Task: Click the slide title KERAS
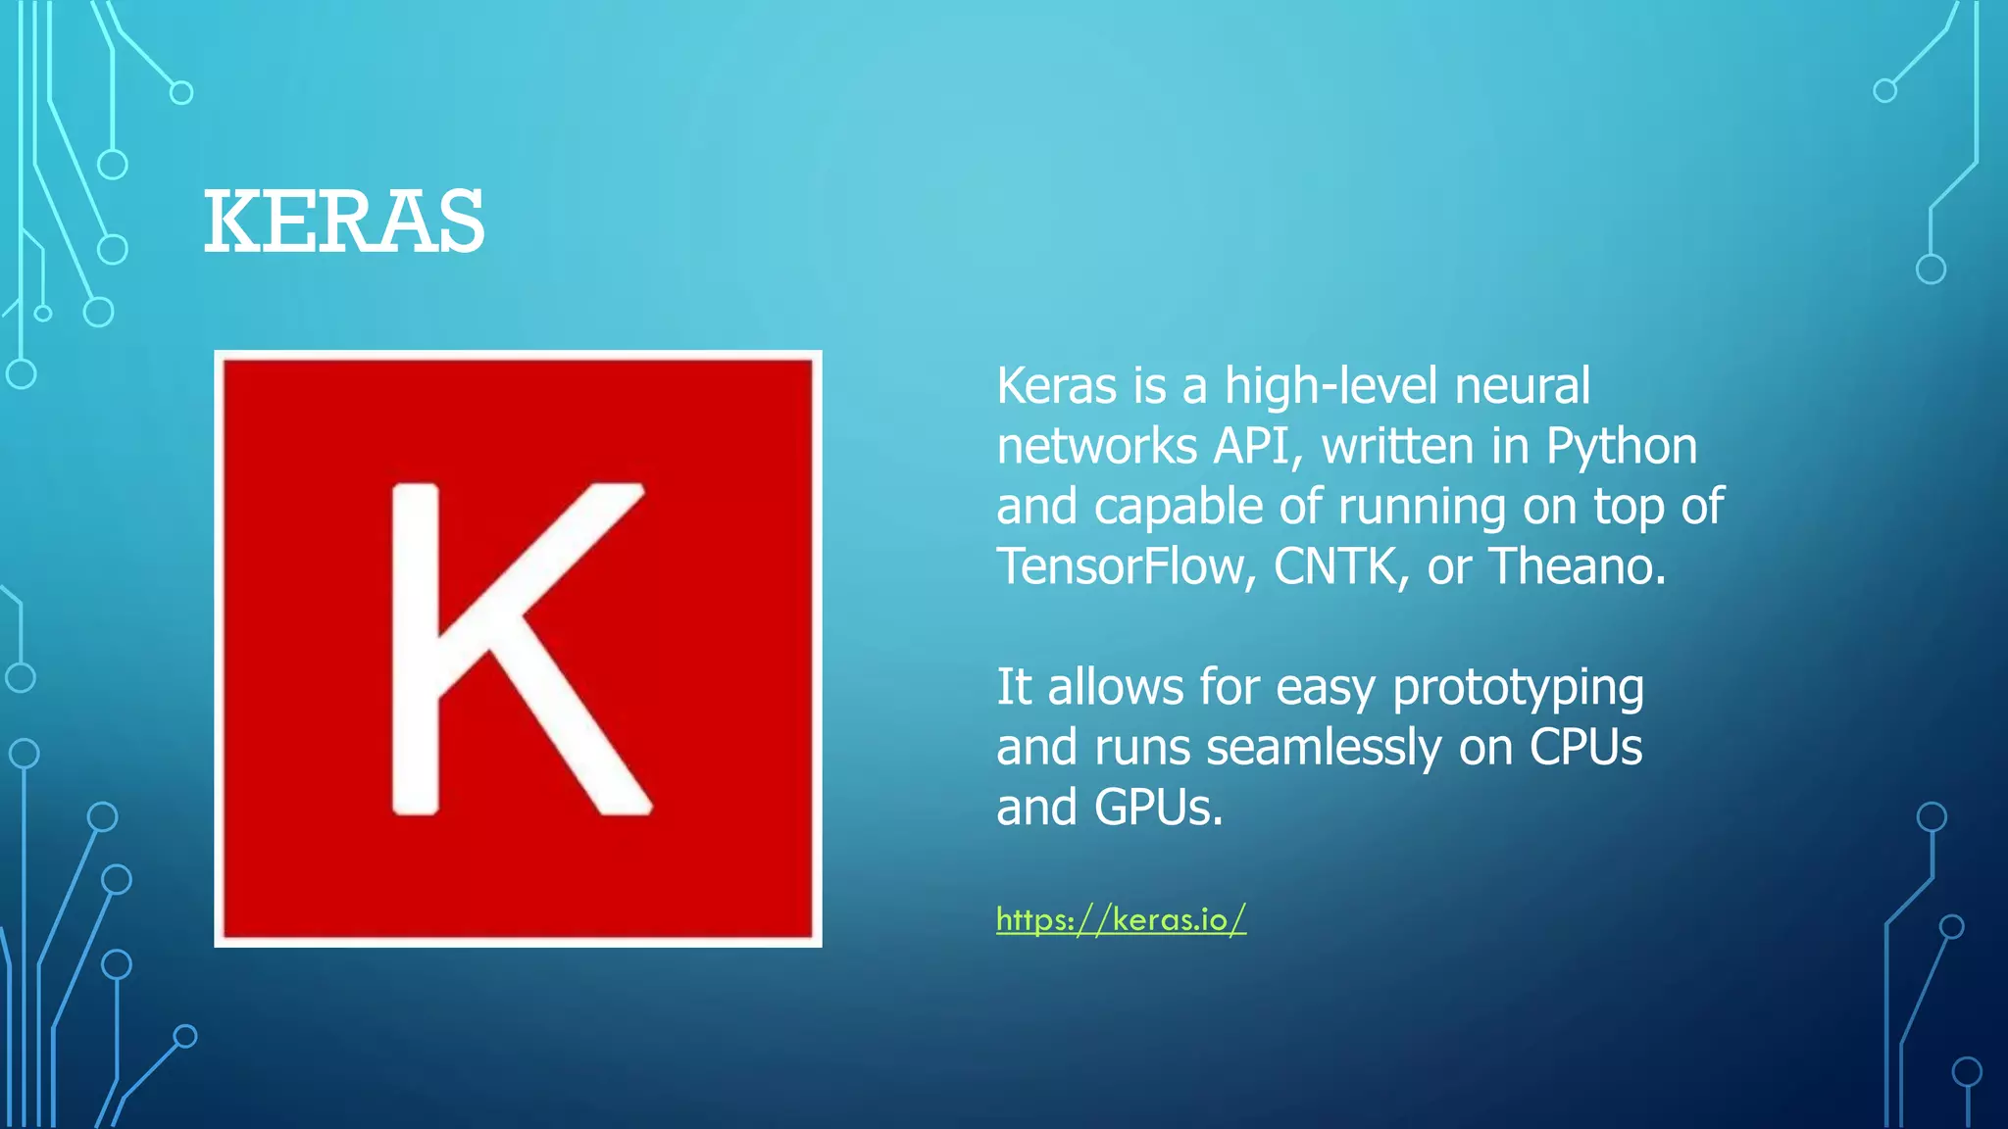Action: pyautogui.click(x=343, y=222)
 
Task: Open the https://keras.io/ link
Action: pyautogui.click(x=1121, y=919)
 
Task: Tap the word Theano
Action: pyautogui.click(x=1577, y=566)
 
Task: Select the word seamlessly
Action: pyautogui.click(x=1324, y=748)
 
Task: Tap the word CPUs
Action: pyautogui.click(x=1585, y=748)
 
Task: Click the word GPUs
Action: pyautogui.click(x=1158, y=809)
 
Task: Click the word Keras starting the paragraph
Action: pyautogui.click(x=1056, y=386)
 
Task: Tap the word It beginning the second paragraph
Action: pyautogui.click(x=1013, y=687)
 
